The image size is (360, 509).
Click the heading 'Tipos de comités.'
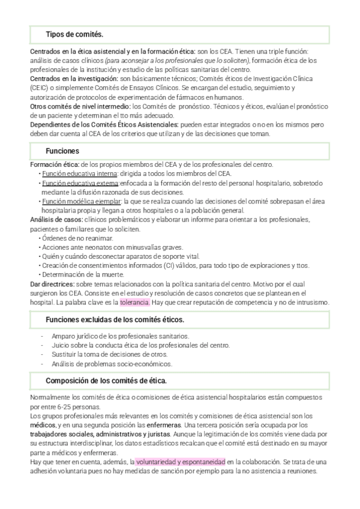click(74, 34)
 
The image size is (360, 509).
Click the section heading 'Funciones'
click(63, 150)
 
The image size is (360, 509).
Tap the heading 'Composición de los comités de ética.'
click(106, 381)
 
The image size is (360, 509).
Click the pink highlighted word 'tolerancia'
click(135, 303)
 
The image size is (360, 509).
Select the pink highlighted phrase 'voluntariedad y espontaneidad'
click(180, 462)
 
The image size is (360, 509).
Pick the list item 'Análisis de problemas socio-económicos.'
click(112, 364)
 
